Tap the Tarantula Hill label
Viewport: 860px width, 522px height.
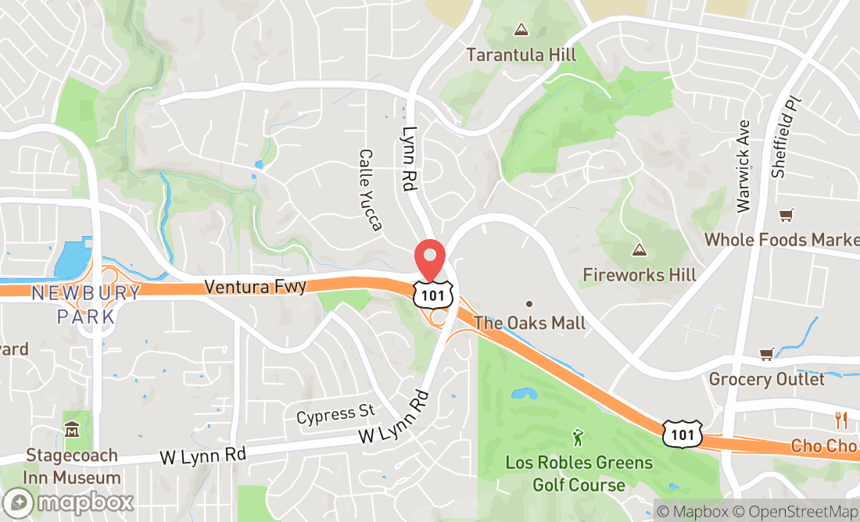pos(521,55)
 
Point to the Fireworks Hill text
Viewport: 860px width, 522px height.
pos(640,274)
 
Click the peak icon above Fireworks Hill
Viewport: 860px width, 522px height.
pos(640,250)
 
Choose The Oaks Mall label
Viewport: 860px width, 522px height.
pos(529,323)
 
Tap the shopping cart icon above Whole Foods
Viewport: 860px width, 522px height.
pos(786,215)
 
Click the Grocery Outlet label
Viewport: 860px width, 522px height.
pos(766,379)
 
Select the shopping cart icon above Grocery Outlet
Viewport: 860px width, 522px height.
pos(766,355)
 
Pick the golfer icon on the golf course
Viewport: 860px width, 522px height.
pos(578,437)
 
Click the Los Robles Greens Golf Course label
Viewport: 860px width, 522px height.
pos(579,474)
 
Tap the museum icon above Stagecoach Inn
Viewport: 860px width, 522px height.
pos(72,430)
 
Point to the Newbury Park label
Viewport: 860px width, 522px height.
pos(85,305)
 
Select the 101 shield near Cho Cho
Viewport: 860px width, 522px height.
pos(682,434)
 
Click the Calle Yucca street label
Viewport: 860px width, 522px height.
pos(370,190)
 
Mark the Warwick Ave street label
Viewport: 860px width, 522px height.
pos(744,166)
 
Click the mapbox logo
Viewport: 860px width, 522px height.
pos(68,502)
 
